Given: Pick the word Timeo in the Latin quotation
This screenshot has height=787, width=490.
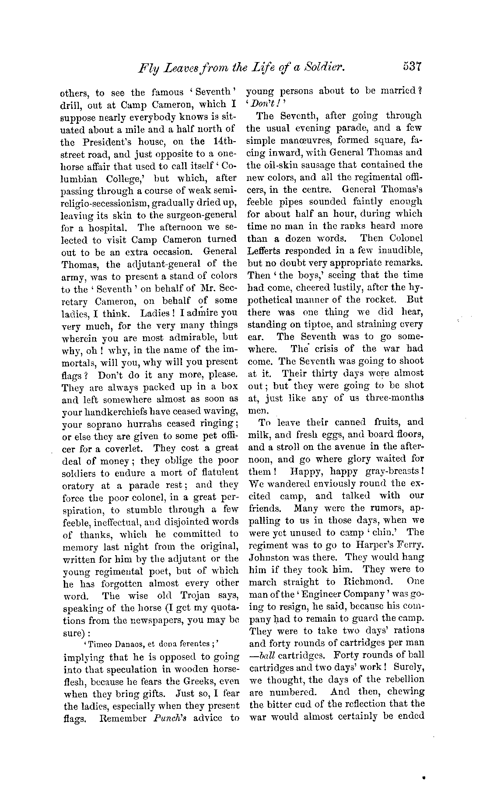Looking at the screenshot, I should pos(98,644).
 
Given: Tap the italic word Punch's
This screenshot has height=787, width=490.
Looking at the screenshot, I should pos(167,717).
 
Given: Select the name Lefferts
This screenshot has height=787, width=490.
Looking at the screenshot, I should pos(264,251).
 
